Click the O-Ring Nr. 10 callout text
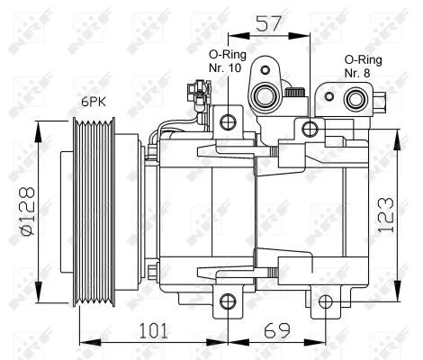pyautogui.click(x=229, y=67)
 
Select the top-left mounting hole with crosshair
pyautogui.click(x=229, y=121)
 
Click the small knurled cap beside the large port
pyautogui.click(x=292, y=93)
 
